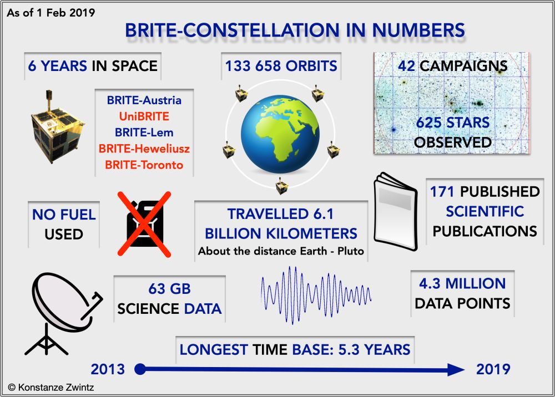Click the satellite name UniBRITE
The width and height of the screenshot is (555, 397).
coord(144,117)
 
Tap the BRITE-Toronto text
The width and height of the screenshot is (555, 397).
coord(144,165)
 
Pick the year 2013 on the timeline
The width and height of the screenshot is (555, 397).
coord(108,368)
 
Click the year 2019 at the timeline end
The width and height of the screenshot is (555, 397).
coord(493,368)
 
